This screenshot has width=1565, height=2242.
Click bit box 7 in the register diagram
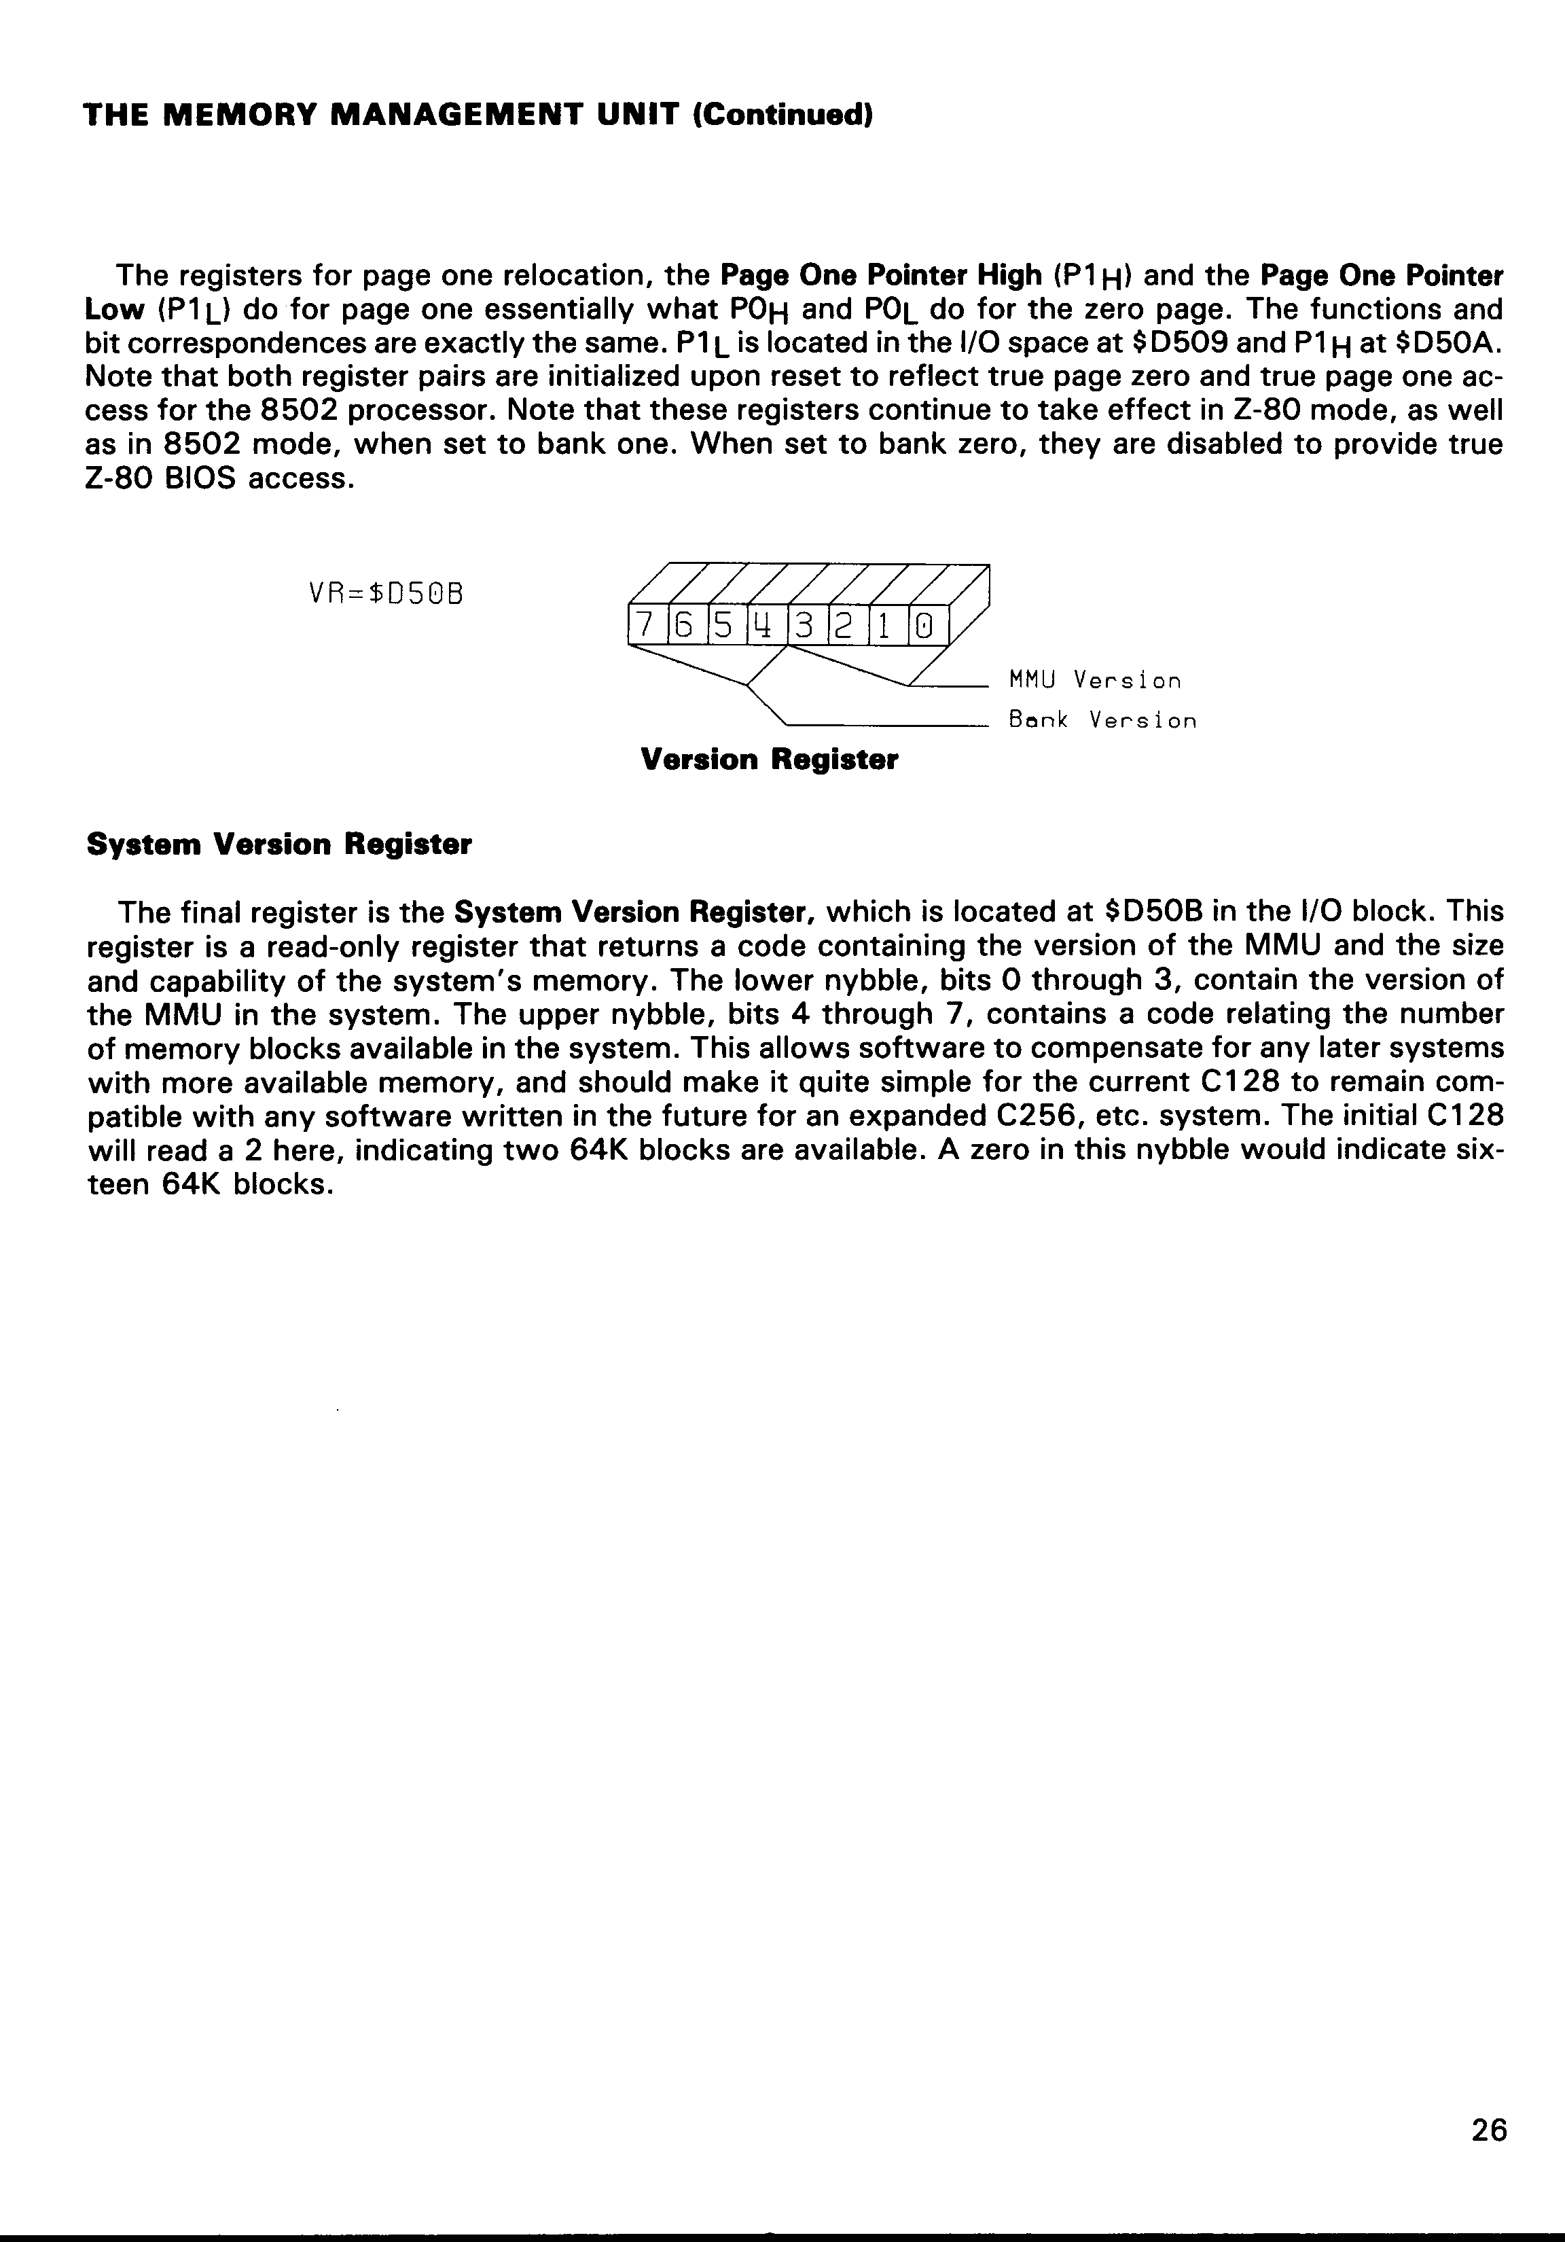pos(643,626)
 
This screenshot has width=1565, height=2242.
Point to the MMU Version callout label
pos(1094,679)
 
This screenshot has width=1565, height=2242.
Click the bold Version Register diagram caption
pos(770,760)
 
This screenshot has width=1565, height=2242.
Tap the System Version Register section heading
pos(279,844)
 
